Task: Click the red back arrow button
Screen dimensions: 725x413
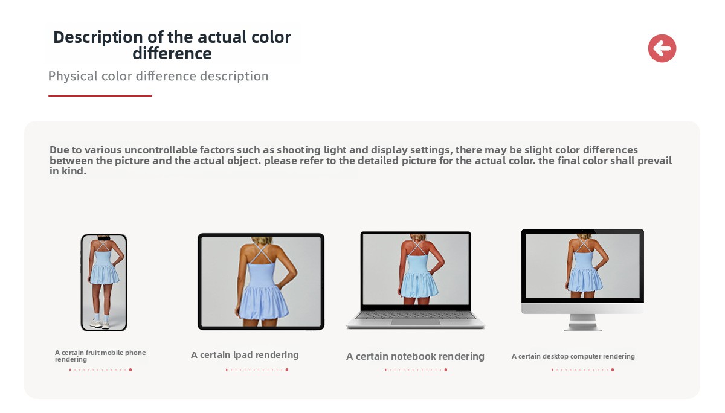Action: pyautogui.click(x=662, y=48)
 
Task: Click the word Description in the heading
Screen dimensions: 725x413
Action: pyautogui.click(x=98, y=37)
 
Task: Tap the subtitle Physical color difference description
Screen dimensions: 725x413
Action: pyautogui.click(x=158, y=76)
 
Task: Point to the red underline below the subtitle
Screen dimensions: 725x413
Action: pyautogui.click(x=100, y=96)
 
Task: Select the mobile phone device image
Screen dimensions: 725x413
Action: pyautogui.click(x=104, y=283)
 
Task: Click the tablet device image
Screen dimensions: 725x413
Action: pyautogui.click(x=261, y=281)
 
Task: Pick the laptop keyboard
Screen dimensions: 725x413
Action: pyautogui.click(x=416, y=315)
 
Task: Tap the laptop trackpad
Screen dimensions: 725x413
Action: pyautogui.click(x=416, y=322)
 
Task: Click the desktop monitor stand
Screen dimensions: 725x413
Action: pyautogui.click(x=582, y=322)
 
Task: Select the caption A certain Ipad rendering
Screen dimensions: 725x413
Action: pyautogui.click(x=245, y=355)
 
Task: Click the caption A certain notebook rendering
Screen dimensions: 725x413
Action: pyautogui.click(x=415, y=356)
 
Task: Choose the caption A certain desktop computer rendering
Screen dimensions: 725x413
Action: pyautogui.click(x=573, y=356)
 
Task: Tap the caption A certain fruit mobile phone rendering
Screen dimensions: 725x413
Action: pyautogui.click(x=100, y=356)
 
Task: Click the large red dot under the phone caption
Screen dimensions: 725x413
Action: pyautogui.click(x=130, y=370)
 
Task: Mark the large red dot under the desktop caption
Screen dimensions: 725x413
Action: pyautogui.click(x=613, y=370)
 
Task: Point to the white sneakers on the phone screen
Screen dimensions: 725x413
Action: pyautogui.click(x=100, y=323)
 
